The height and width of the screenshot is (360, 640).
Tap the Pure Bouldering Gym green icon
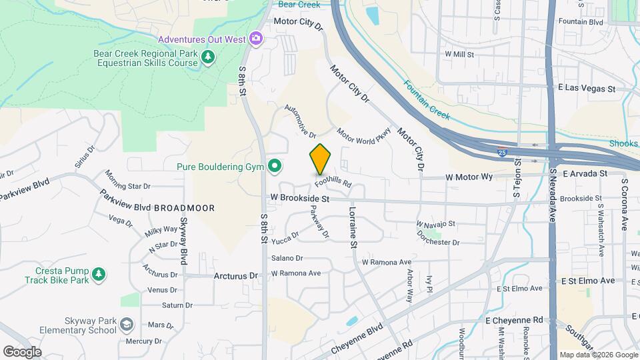[274, 166]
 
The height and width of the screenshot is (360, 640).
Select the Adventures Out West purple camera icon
[255, 39]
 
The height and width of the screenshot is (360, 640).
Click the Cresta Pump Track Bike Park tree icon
[99, 274]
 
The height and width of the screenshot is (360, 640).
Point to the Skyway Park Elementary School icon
[126, 325]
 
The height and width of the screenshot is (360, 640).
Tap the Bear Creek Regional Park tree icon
[209, 57]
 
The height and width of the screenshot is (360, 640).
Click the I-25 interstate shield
[502, 151]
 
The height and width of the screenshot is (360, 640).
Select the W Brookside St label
[300, 199]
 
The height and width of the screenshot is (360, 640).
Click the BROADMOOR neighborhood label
[184, 208]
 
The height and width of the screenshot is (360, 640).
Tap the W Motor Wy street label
[469, 177]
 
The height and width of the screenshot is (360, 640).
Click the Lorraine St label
[352, 227]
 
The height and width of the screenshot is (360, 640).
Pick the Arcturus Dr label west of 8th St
[235, 275]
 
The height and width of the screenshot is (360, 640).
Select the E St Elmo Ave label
[587, 281]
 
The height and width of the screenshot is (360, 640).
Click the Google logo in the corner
[22, 351]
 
